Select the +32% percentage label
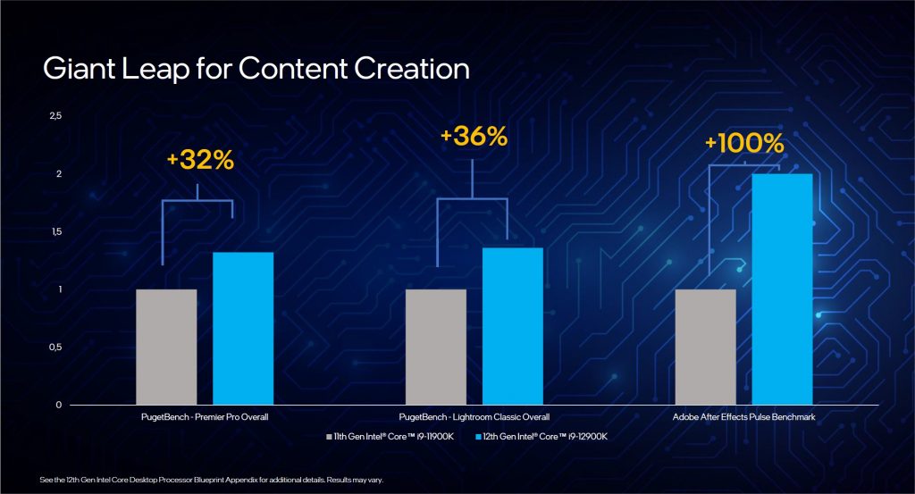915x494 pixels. click(x=199, y=160)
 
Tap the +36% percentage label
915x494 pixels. click(x=474, y=137)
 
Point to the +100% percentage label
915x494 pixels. click(x=743, y=143)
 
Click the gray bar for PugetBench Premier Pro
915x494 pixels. click(x=166, y=347)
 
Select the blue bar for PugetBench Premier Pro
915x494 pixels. click(x=243, y=328)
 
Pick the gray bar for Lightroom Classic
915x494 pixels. click(x=436, y=347)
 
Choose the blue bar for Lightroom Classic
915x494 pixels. click(x=513, y=326)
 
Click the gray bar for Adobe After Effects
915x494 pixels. click(x=706, y=347)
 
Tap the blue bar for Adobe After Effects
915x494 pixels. click(x=782, y=289)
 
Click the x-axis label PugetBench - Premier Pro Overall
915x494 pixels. click(x=205, y=417)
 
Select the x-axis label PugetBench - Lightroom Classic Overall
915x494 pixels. click(x=474, y=417)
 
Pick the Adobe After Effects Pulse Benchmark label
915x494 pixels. click(x=743, y=417)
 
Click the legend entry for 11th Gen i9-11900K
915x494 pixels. click(x=390, y=436)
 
